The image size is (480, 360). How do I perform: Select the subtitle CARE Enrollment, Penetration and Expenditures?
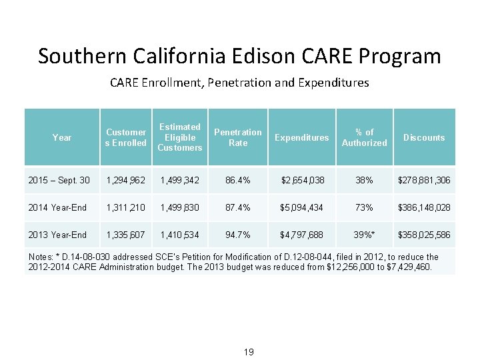(x=239, y=83)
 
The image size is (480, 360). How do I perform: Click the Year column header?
(x=61, y=137)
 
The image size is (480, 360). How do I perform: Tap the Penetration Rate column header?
(x=237, y=137)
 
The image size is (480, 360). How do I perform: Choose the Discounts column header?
(x=424, y=137)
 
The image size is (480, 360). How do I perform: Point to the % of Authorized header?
(x=364, y=137)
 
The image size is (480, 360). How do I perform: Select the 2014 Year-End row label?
(x=57, y=207)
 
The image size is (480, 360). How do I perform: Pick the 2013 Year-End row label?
(x=57, y=235)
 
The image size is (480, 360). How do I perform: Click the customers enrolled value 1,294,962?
(x=126, y=180)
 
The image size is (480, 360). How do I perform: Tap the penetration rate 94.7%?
(x=237, y=235)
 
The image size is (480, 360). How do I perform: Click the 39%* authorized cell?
(x=364, y=235)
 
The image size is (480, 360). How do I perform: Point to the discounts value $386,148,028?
(x=424, y=207)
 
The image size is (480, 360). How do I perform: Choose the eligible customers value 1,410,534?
(x=179, y=235)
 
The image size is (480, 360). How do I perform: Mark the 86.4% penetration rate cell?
(x=237, y=180)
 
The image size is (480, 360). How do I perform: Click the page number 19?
(x=248, y=352)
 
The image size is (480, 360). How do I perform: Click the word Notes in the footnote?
(x=41, y=257)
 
